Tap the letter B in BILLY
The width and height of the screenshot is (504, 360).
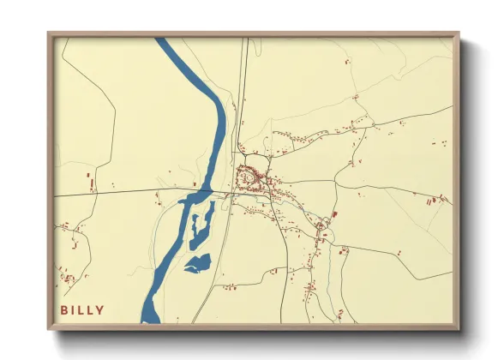[x=64, y=310]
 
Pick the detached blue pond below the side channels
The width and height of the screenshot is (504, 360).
[x=198, y=263]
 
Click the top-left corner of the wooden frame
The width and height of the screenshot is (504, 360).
[x=49, y=33]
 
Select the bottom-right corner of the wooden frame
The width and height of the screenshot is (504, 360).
[x=458, y=328]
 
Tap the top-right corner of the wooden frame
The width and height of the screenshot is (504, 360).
[x=458, y=33]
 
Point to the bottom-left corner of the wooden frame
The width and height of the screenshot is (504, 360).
[x=49, y=328]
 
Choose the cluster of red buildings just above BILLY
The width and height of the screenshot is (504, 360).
[x=65, y=277]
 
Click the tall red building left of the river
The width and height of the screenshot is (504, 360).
[x=89, y=183]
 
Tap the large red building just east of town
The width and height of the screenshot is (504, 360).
[x=333, y=213]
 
